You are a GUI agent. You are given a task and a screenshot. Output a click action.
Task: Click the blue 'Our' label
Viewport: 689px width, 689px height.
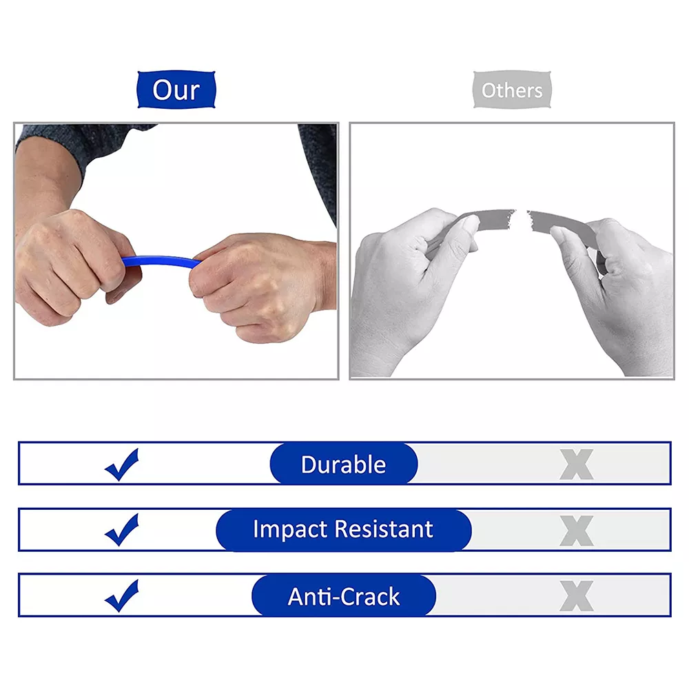(176, 90)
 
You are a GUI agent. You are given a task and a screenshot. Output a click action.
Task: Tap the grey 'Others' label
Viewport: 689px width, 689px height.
(512, 90)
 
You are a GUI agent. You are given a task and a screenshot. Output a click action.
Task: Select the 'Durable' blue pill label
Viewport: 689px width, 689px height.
(343, 464)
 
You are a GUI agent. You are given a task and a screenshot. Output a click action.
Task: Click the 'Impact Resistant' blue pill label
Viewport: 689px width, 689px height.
(343, 529)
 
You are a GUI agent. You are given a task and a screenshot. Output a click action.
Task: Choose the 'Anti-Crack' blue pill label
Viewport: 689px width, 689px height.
(343, 596)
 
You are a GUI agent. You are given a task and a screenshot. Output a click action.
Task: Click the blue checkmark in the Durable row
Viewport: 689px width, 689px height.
(123, 464)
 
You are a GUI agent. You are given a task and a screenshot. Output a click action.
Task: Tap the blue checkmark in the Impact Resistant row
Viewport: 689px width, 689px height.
(123, 530)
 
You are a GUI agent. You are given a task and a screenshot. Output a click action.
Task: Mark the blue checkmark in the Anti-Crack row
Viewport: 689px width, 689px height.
(123, 596)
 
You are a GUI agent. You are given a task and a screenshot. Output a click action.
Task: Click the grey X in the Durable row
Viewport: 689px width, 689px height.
(576, 464)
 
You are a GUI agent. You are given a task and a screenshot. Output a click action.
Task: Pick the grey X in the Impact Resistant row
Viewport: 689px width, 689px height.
(576, 530)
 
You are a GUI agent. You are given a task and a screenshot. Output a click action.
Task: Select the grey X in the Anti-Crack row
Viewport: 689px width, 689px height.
(576, 596)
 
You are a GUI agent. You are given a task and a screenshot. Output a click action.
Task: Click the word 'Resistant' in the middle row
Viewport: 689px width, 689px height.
(383, 529)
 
